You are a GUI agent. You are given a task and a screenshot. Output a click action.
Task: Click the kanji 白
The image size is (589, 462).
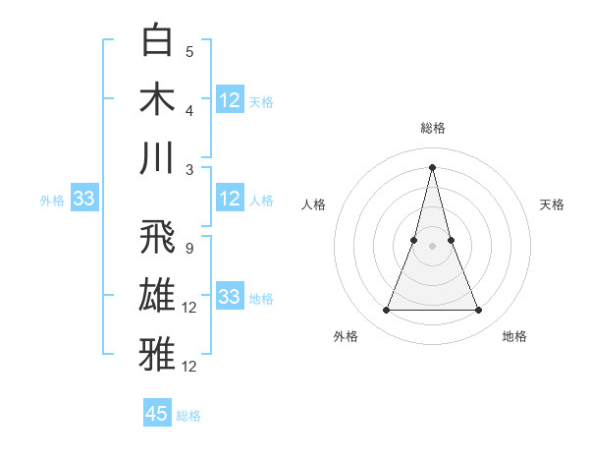pos(159,41)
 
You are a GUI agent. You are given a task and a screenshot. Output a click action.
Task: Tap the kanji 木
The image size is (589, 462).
pos(159,99)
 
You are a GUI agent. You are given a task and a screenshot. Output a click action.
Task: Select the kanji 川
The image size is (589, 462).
pos(159,157)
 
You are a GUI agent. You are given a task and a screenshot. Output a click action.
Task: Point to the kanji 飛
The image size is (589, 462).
pos(159,238)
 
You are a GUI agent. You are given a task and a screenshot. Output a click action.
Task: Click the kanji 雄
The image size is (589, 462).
pos(159,296)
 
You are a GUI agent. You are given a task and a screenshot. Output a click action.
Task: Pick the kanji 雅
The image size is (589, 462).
pos(159,354)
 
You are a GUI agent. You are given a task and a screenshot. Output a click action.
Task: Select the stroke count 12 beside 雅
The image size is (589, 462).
pos(190,367)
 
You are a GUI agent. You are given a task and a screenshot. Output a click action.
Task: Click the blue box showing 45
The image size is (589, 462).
pos(157,414)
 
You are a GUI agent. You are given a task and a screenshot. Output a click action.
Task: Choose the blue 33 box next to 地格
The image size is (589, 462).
pos(230,297)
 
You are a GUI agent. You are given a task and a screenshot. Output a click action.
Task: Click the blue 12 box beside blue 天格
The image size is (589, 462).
pos(230,100)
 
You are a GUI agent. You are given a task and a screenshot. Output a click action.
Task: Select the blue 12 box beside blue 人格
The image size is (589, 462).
pos(230,199)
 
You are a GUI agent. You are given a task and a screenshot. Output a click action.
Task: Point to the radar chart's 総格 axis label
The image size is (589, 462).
pos(433,128)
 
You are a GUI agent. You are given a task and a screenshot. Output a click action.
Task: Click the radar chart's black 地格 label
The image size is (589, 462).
pos(514,336)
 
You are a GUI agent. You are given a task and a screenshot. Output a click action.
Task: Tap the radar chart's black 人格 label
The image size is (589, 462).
pos(313,204)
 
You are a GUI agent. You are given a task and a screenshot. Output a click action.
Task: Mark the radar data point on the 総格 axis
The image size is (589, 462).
pos(433,165)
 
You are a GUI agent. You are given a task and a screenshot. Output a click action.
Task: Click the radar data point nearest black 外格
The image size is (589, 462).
pos(386,311)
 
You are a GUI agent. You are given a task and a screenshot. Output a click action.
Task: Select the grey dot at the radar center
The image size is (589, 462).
pos(433,246)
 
